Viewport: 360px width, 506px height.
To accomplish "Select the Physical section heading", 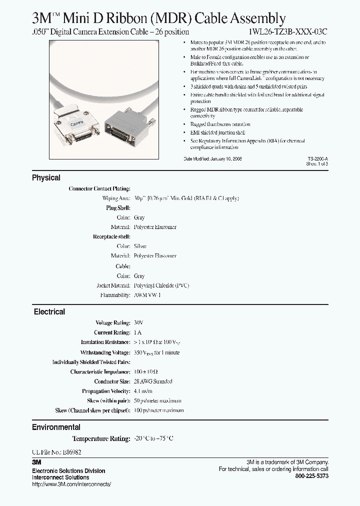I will [46, 177].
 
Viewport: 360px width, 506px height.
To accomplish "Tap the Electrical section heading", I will [49, 311].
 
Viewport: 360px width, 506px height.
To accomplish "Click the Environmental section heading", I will [56, 427].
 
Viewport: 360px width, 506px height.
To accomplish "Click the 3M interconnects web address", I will [71, 484].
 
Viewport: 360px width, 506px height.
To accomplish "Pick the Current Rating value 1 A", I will [137, 332].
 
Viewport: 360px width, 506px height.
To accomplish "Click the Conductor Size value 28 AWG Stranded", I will [153, 381].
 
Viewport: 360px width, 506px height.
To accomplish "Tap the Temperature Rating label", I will [101, 438].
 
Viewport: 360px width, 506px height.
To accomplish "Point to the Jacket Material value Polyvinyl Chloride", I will [161, 285].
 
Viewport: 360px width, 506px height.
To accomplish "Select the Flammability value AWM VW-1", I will [147, 295].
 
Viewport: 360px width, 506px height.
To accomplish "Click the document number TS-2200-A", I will [317, 158].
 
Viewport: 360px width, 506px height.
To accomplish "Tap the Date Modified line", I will [213, 158].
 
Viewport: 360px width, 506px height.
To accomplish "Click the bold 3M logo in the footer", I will [36, 462].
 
